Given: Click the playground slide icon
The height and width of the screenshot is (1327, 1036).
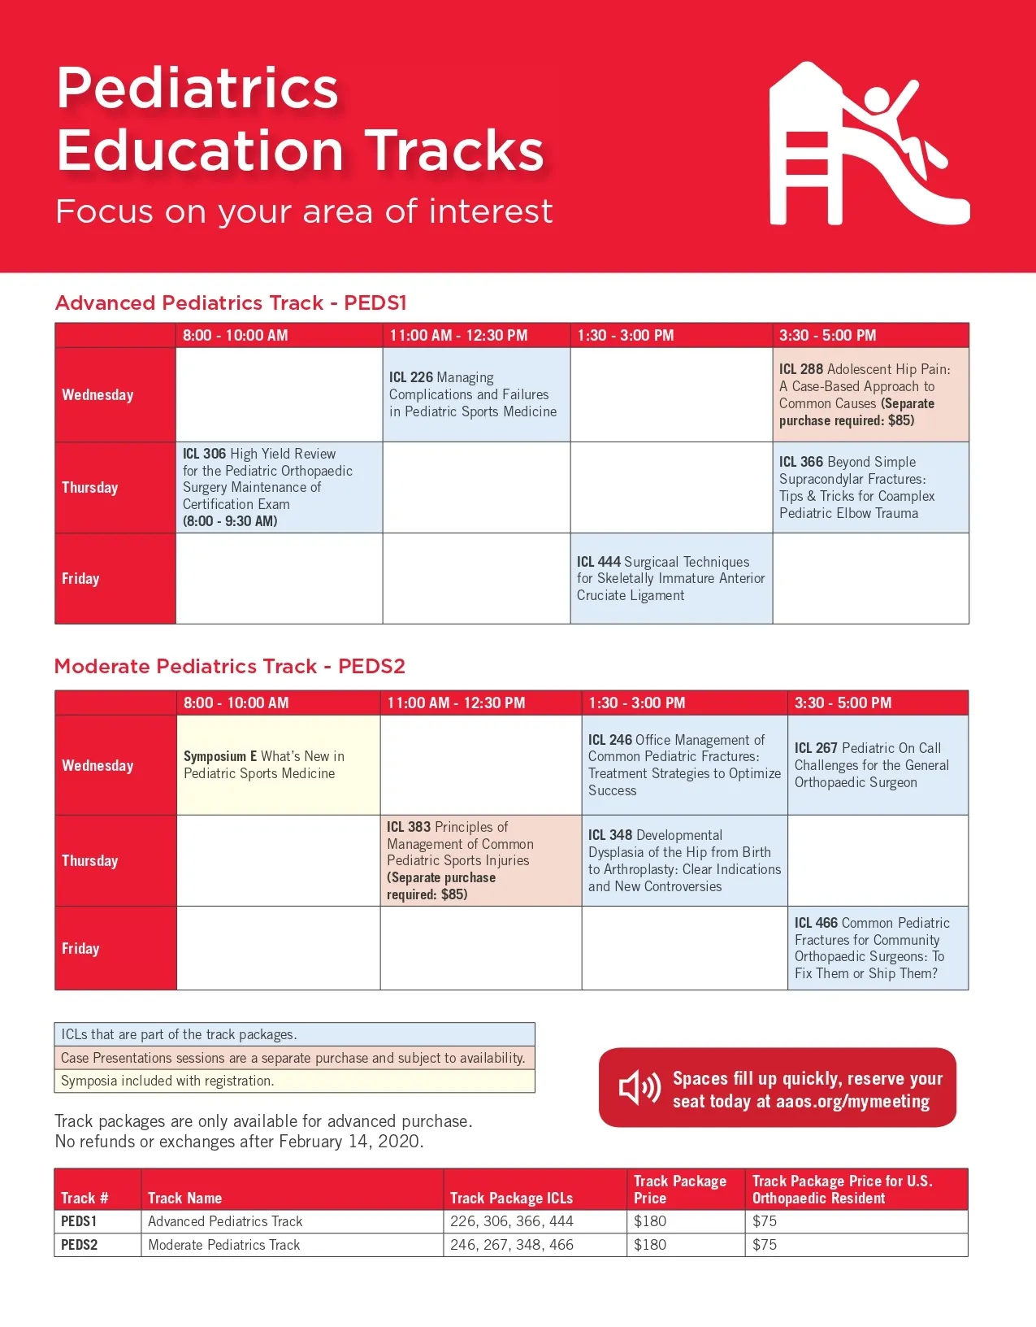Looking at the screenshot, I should pyautogui.click(x=869, y=144).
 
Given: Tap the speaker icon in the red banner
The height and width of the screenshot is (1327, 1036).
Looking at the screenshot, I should pyautogui.click(x=639, y=1087).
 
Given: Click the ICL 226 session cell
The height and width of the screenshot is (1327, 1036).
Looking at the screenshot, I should pyautogui.click(x=475, y=394).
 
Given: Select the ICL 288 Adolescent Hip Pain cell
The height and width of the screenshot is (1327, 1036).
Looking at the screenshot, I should pyautogui.click(x=869, y=394).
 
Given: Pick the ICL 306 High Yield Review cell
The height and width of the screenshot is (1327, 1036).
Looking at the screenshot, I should pyautogui.click(x=279, y=487).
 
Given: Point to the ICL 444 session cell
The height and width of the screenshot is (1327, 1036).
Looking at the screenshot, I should pyautogui.click(x=670, y=578).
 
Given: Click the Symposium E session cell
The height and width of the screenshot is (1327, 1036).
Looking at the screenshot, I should pyautogui.click(x=278, y=764).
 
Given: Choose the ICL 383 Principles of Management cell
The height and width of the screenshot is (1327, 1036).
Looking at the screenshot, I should pyautogui.click(x=480, y=860).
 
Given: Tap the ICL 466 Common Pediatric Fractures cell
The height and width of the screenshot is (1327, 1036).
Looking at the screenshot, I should pyautogui.click(x=877, y=947).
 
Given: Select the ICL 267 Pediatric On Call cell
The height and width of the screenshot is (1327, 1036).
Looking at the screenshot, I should pyautogui.click(x=877, y=764).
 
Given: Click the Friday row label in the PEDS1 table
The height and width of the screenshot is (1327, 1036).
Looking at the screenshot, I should pyautogui.click(x=81, y=579).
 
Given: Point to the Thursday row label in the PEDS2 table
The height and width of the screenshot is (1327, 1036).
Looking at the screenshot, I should pyautogui.click(x=90, y=860).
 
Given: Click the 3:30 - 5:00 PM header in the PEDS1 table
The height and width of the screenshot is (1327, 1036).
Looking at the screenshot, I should pyautogui.click(x=827, y=335).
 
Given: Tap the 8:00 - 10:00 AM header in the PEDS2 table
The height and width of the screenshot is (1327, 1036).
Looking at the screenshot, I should pyautogui.click(x=236, y=703).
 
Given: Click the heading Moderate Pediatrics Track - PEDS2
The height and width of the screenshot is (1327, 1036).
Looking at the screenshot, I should pyautogui.click(x=229, y=667).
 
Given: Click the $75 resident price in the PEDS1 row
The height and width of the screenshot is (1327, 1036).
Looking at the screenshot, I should pyautogui.click(x=765, y=1221).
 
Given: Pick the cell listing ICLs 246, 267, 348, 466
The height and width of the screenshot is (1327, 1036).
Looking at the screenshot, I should pyautogui.click(x=512, y=1245).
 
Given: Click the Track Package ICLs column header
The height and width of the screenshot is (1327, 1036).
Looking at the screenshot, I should pyautogui.click(x=511, y=1198).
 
